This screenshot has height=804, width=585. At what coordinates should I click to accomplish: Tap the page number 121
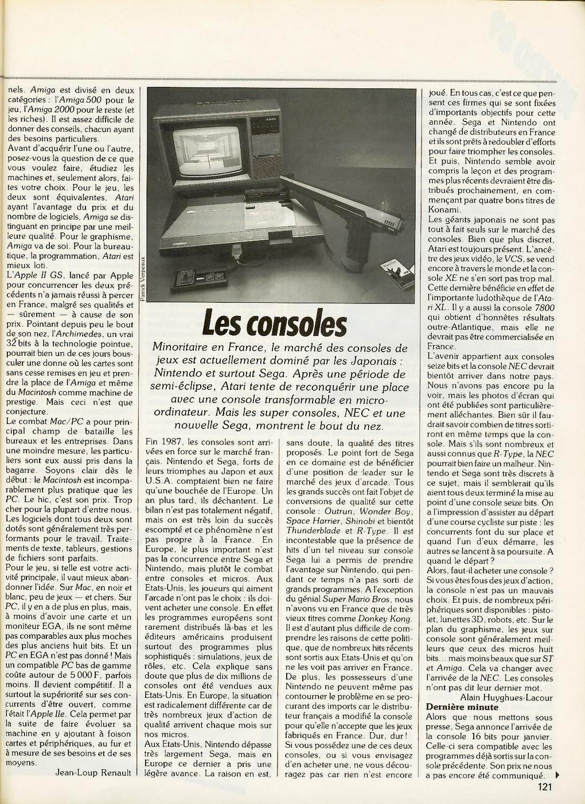click(x=545, y=787)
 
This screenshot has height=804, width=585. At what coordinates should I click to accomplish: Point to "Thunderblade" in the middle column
click(x=310, y=530)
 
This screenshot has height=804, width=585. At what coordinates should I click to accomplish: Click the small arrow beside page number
click(x=557, y=776)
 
